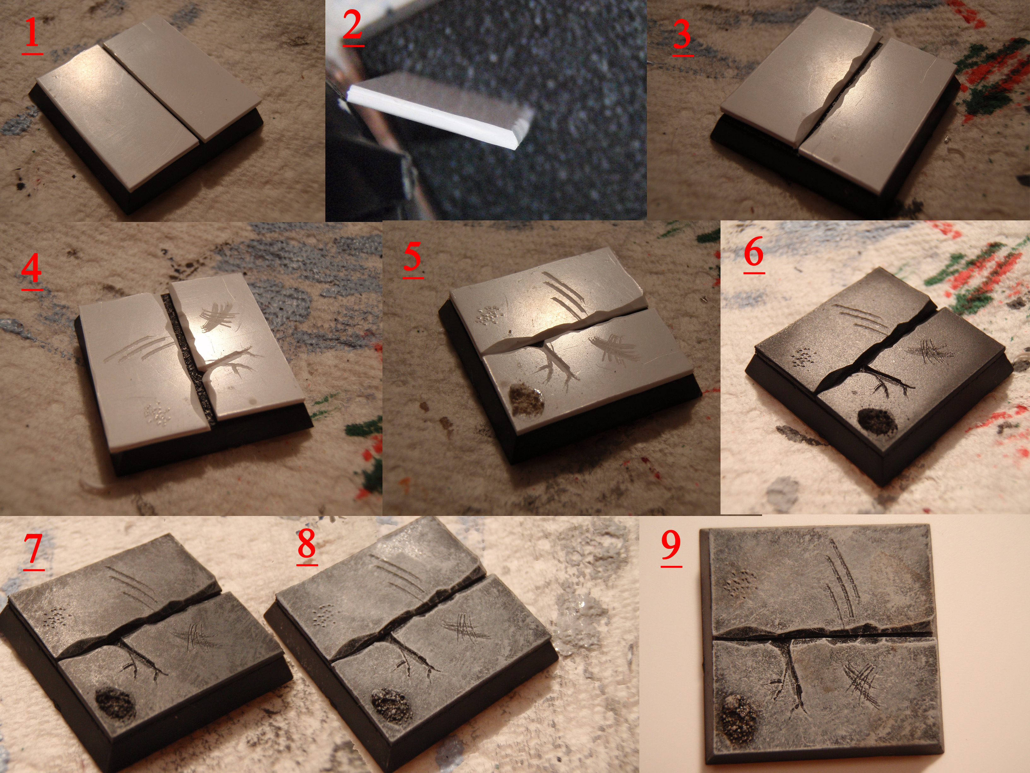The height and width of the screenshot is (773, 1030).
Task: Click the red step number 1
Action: click(32, 33)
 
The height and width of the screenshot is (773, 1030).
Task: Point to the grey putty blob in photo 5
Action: click(527, 399)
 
